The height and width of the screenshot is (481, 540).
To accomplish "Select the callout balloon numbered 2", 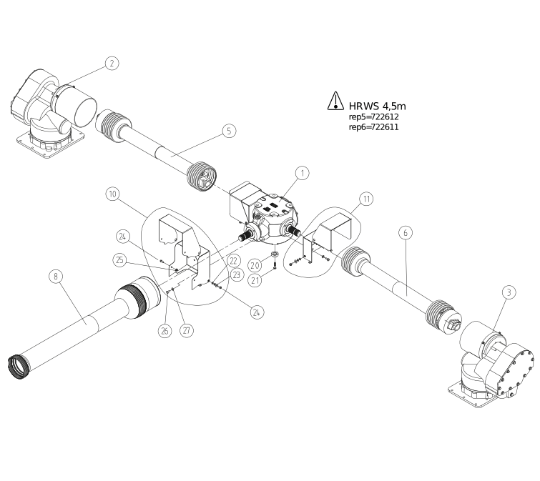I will (112, 63).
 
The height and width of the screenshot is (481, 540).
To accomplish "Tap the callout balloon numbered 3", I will (508, 292).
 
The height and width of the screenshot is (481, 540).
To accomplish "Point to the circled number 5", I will (227, 130).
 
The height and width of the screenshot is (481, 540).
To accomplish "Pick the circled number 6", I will (406, 232).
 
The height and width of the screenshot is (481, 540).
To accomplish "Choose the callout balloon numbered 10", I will (112, 194).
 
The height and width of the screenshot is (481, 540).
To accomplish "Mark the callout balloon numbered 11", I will (365, 199).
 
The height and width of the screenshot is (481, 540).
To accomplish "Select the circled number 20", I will (254, 265).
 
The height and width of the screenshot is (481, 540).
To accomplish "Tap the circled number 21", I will (254, 281).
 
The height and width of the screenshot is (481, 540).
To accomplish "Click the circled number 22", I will (232, 261).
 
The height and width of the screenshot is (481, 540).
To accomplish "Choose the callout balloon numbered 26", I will (165, 331).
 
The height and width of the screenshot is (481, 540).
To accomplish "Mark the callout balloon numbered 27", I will (187, 331).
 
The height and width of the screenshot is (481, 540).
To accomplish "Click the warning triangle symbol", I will (335, 101).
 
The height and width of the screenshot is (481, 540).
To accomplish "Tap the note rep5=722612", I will (373, 116).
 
